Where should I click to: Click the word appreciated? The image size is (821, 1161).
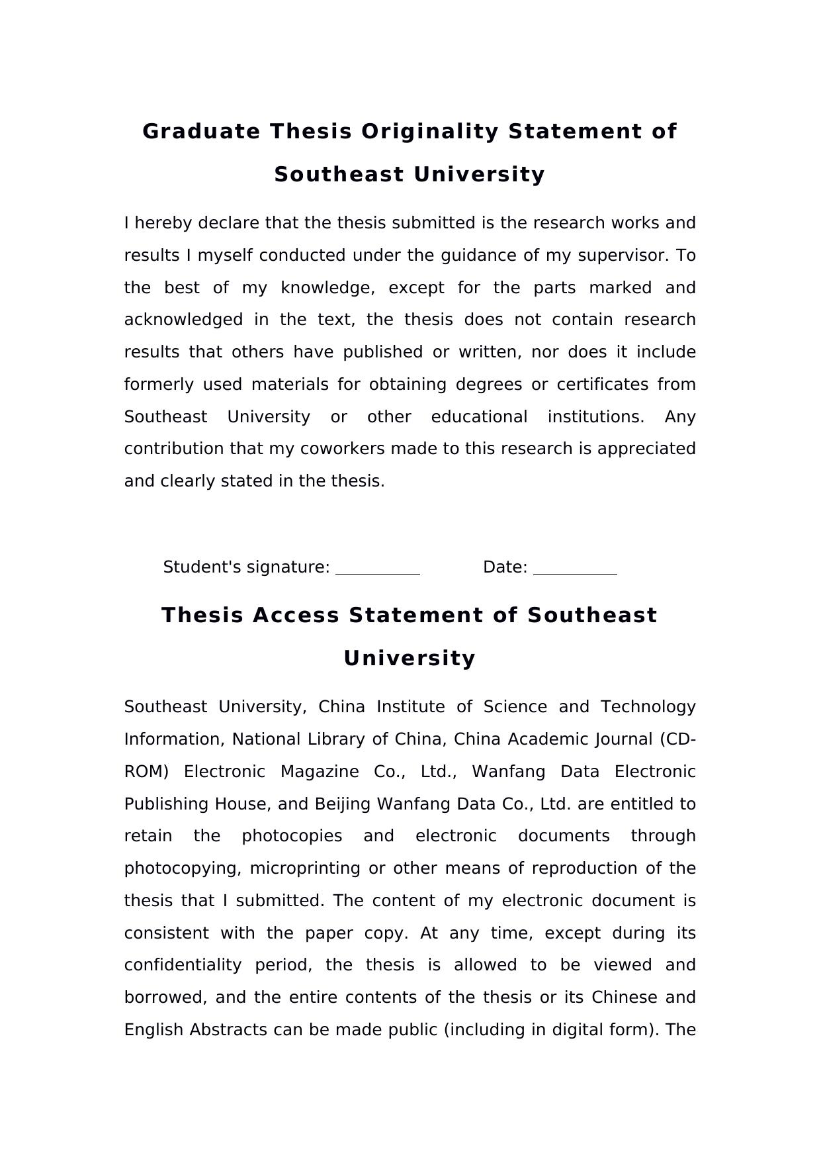pos(646,449)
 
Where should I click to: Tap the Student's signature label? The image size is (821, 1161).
pos(246,567)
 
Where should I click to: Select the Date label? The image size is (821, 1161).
pos(505,567)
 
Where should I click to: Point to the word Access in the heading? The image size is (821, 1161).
pos(297,616)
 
